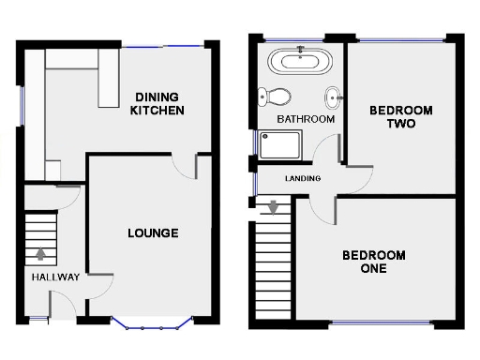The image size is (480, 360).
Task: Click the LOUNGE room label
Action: (x=153, y=233)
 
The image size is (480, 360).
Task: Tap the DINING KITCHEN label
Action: (x=158, y=103)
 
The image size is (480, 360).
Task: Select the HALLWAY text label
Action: (x=54, y=277)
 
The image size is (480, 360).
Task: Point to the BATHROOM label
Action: (x=306, y=119)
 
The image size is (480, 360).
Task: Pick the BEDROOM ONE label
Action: (x=373, y=262)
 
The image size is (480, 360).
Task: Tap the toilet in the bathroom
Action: (x=275, y=96)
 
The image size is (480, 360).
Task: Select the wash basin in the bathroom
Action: (x=332, y=97)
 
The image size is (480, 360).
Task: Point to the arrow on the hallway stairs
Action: (x=40, y=252)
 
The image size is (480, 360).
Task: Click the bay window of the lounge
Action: (x=152, y=324)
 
